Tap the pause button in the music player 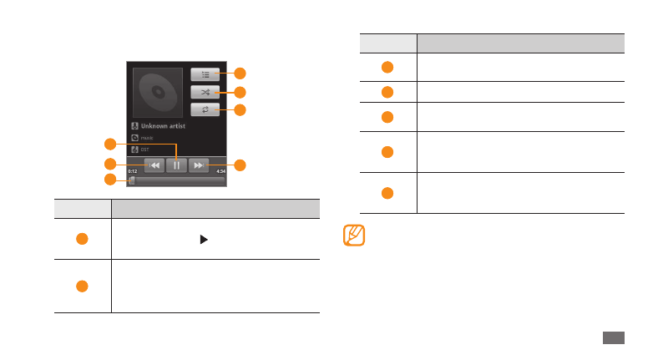(176, 165)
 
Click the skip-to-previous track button (154, 165)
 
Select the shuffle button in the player (205, 92)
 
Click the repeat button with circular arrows (205, 109)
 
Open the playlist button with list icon (205, 74)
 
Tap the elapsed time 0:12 (132, 172)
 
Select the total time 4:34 (220, 172)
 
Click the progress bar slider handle (131, 180)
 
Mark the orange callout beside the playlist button (240, 74)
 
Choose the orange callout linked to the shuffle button (240, 92)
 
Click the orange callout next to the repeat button (240, 109)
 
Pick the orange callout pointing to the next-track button (240, 165)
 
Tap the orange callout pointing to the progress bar (109, 180)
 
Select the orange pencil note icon (354, 235)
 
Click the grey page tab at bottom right (612, 337)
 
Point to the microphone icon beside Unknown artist (134, 126)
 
